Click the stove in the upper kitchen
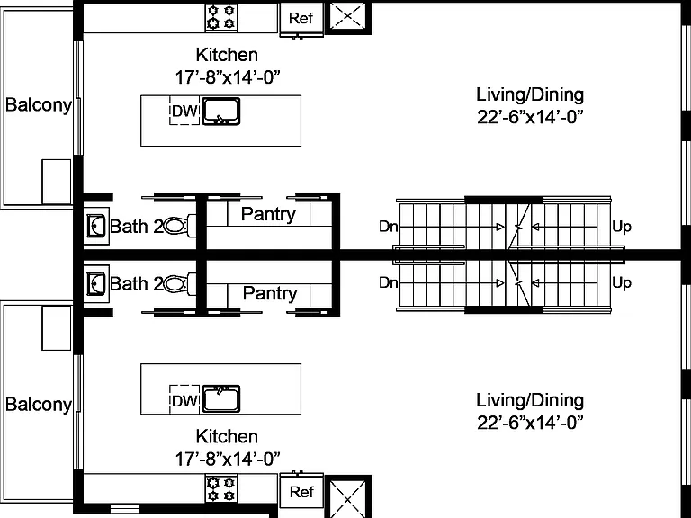[221, 18]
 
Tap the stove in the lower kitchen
[221, 488]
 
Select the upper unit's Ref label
[301, 18]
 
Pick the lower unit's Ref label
[301, 492]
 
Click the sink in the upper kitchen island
[220, 111]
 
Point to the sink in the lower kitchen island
[220, 398]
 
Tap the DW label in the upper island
[184, 111]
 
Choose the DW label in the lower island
[184, 401]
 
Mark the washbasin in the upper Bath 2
[96, 226]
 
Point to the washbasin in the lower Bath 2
[96, 283]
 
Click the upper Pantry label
[268, 215]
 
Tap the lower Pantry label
[270, 293]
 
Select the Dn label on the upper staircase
[389, 227]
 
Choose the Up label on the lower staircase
[622, 282]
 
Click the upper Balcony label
[39, 105]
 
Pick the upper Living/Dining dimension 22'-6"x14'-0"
[530, 117]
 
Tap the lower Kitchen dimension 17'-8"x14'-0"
[228, 459]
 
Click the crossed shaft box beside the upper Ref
[348, 17]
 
